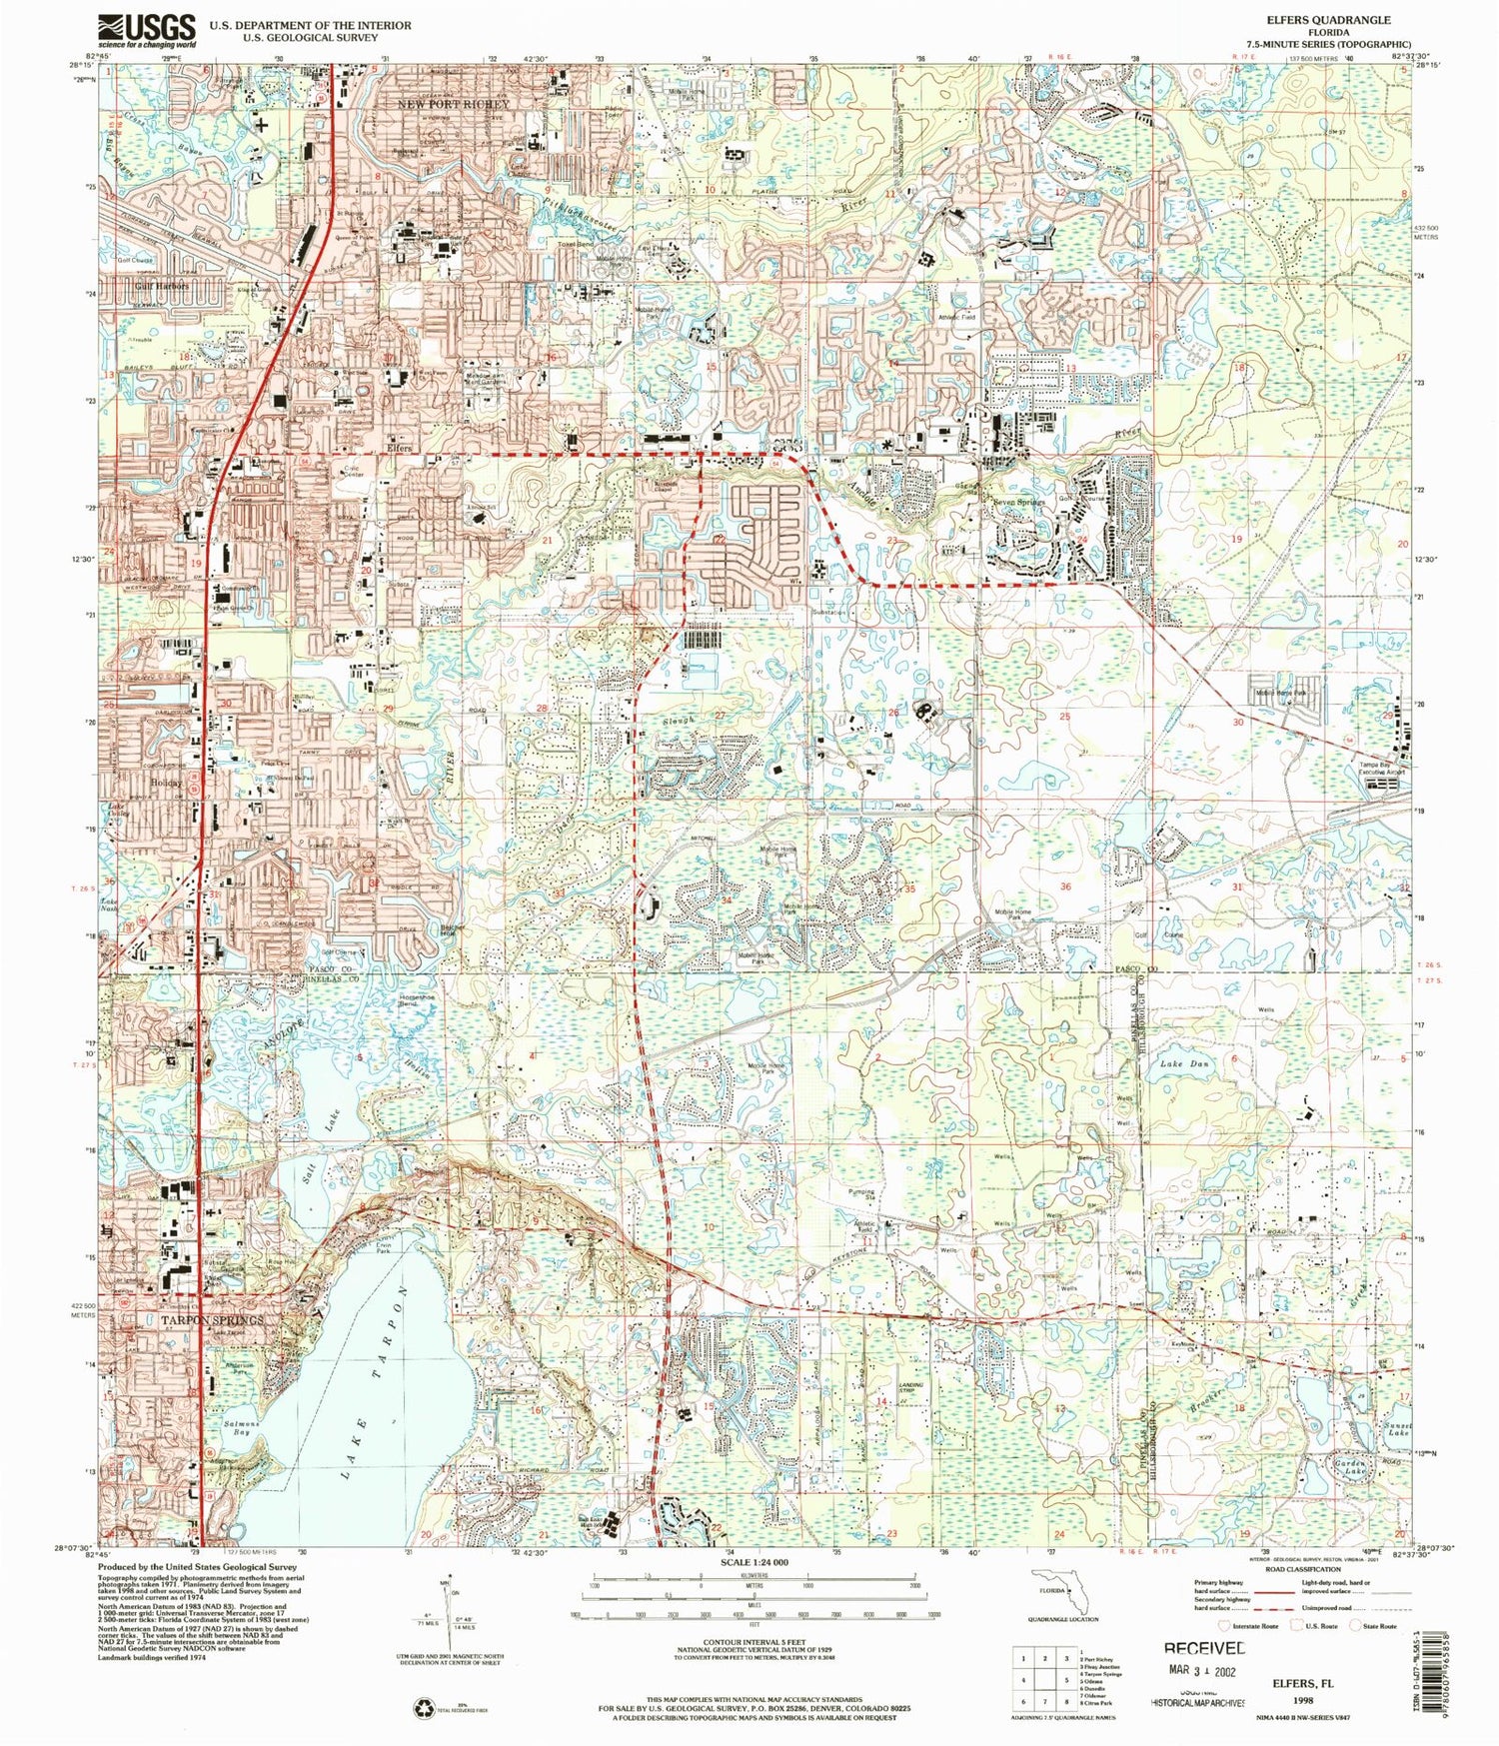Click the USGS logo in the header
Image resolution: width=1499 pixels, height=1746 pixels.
(x=147, y=30)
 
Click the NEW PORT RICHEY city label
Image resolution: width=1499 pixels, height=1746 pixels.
(x=453, y=104)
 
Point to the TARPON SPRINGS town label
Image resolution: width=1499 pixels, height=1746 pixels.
(x=213, y=1319)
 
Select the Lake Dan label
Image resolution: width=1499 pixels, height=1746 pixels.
(x=1184, y=1064)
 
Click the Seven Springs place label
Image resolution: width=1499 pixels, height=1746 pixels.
(x=1019, y=502)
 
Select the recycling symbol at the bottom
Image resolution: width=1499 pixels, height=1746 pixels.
(x=423, y=1709)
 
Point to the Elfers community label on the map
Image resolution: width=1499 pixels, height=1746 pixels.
(x=400, y=449)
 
